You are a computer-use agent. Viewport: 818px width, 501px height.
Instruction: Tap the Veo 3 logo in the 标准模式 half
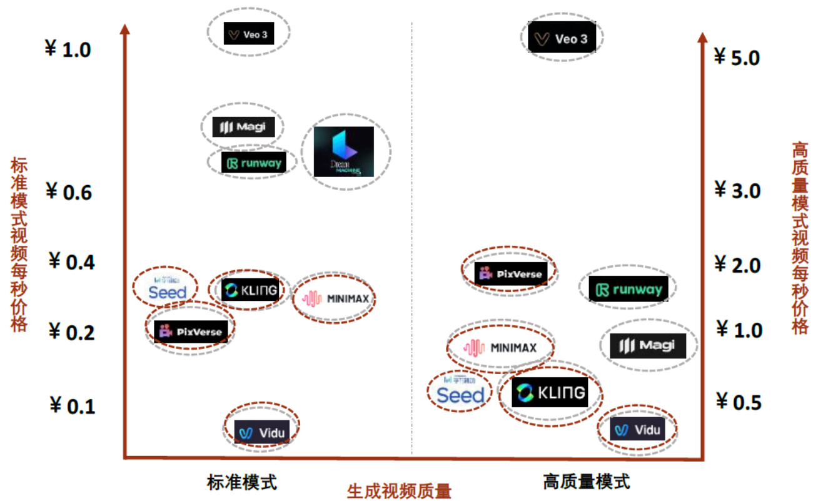[248, 34]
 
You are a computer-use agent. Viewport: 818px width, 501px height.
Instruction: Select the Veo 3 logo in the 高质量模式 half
[562, 39]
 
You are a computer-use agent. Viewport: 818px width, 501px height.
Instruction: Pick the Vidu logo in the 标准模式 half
[261, 432]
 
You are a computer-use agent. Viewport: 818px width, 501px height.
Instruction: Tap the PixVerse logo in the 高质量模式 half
[510, 273]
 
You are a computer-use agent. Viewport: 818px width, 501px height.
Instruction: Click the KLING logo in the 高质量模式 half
[550, 392]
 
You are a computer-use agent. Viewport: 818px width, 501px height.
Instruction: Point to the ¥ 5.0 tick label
[737, 58]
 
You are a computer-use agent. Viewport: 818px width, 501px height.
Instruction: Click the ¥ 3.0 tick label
[737, 190]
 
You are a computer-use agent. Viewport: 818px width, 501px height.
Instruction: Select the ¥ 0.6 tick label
[69, 192]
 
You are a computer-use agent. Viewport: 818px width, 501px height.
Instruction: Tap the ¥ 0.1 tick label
[73, 406]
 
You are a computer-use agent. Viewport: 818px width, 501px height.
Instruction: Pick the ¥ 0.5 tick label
[739, 401]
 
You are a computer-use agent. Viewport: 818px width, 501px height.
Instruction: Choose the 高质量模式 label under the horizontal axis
[587, 482]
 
